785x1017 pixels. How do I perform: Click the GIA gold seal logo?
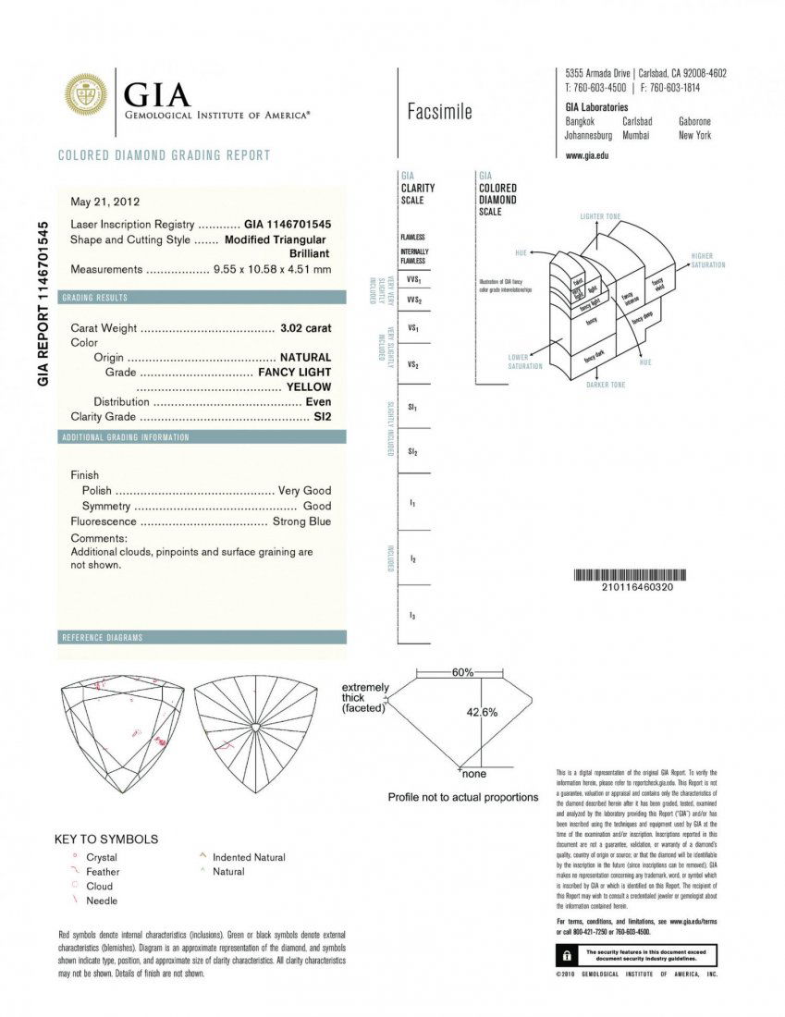point(86,94)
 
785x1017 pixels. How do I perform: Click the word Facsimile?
point(439,113)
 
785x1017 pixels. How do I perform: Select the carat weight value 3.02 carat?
point(305,328)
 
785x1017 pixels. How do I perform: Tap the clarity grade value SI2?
point(322,417)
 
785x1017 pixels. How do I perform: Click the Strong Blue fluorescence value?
point(301,521)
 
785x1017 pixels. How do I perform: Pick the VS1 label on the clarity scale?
point(413,328)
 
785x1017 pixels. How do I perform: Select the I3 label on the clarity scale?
point(412,615)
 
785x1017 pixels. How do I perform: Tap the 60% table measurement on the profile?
point(463,672)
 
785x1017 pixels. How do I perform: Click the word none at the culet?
point(473,773)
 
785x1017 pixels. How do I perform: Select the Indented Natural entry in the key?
point(249,857)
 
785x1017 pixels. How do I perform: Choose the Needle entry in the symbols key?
point(102,901)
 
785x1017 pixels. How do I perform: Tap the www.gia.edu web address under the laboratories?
point(586,155)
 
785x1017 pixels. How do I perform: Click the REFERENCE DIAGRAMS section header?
point(102,638)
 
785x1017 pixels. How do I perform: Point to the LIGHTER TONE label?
point(600,216)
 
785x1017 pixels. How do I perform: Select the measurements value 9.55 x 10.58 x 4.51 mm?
point(272,270)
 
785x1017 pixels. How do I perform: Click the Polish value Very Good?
point(304,490)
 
